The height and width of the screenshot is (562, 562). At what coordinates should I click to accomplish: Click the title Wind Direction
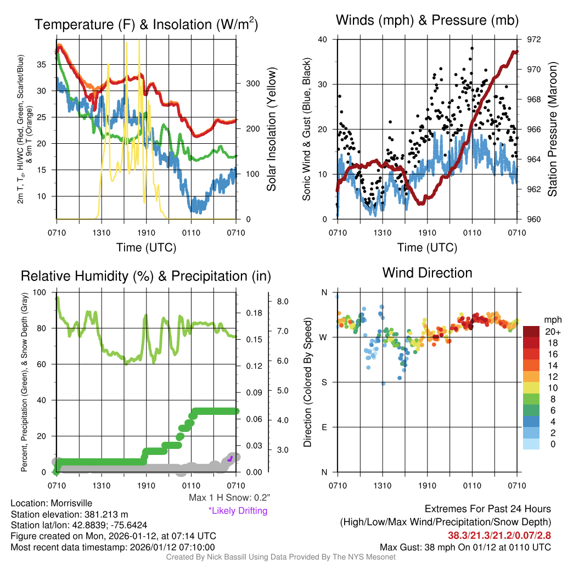coord(427,273)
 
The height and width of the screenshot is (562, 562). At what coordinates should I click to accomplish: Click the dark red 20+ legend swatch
coord(533,331)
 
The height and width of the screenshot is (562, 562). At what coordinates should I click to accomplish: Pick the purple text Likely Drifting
coord(238,510)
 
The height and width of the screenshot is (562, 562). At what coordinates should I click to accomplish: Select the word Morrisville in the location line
coord(69,503)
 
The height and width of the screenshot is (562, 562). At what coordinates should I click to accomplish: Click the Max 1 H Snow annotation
coord(229,498)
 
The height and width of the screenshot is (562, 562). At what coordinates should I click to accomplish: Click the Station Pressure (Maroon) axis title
coord(553,129)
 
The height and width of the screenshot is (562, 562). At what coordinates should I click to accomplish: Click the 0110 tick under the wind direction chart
coord(471,485)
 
